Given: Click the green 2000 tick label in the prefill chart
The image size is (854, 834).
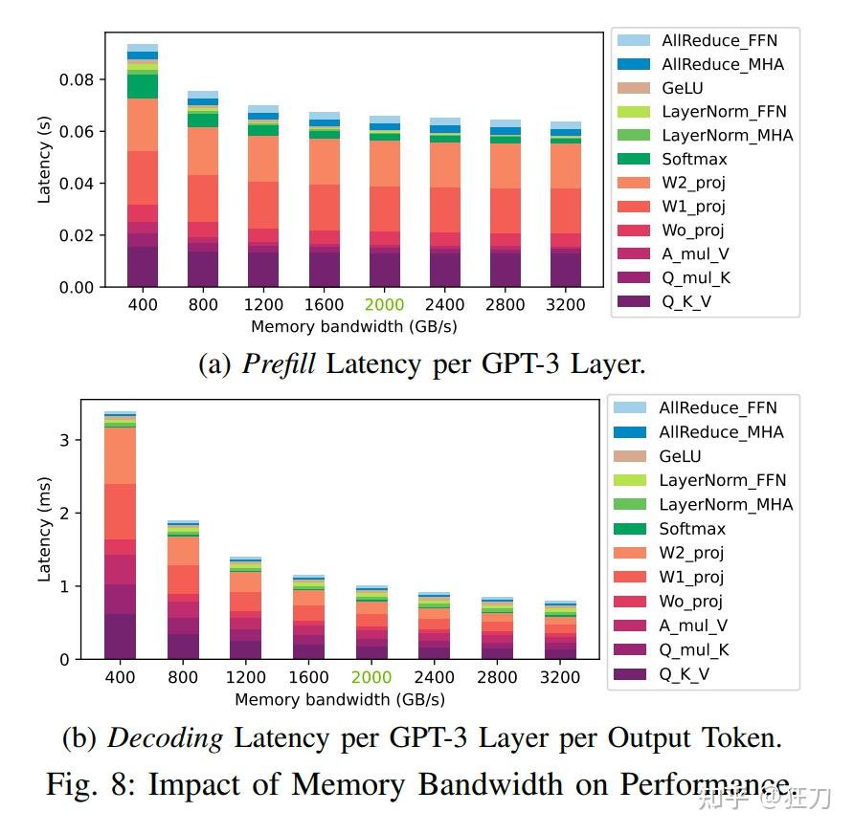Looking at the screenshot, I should click(384, 305).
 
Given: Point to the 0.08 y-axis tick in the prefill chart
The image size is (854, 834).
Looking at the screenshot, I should click(77, 79).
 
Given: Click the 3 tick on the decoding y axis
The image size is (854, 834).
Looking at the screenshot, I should click(63, 440).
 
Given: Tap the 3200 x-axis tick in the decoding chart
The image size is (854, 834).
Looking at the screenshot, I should click(559, 677).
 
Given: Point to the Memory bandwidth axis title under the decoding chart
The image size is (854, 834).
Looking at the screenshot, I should click(340, 699).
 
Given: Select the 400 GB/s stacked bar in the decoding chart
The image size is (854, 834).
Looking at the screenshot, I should click(120, 536).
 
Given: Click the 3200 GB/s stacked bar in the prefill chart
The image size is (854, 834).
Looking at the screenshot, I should click(566, 205).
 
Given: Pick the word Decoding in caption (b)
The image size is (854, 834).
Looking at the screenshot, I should click(165, 738).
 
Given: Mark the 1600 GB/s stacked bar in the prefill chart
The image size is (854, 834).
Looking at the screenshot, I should click(324, 200).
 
